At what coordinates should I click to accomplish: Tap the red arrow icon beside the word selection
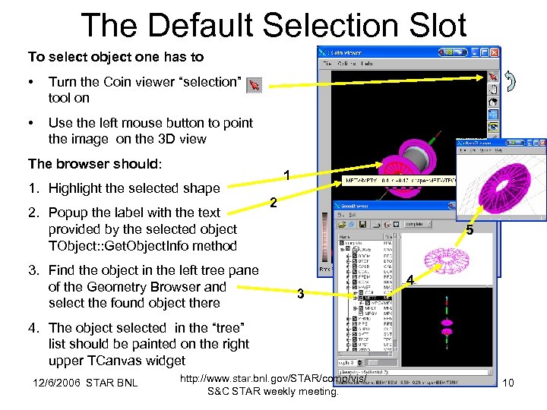pyautogui.click(x=255, y=85)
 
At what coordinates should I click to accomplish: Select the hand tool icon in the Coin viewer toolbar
pyautogui.click(x=493, y=90)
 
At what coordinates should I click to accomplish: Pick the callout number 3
pyautogui.click(x=301, y=294)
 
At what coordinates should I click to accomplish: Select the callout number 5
pyautogui.click(x=470, y=231)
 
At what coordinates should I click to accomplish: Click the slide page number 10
pyautogui.click(x=509, y=383)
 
